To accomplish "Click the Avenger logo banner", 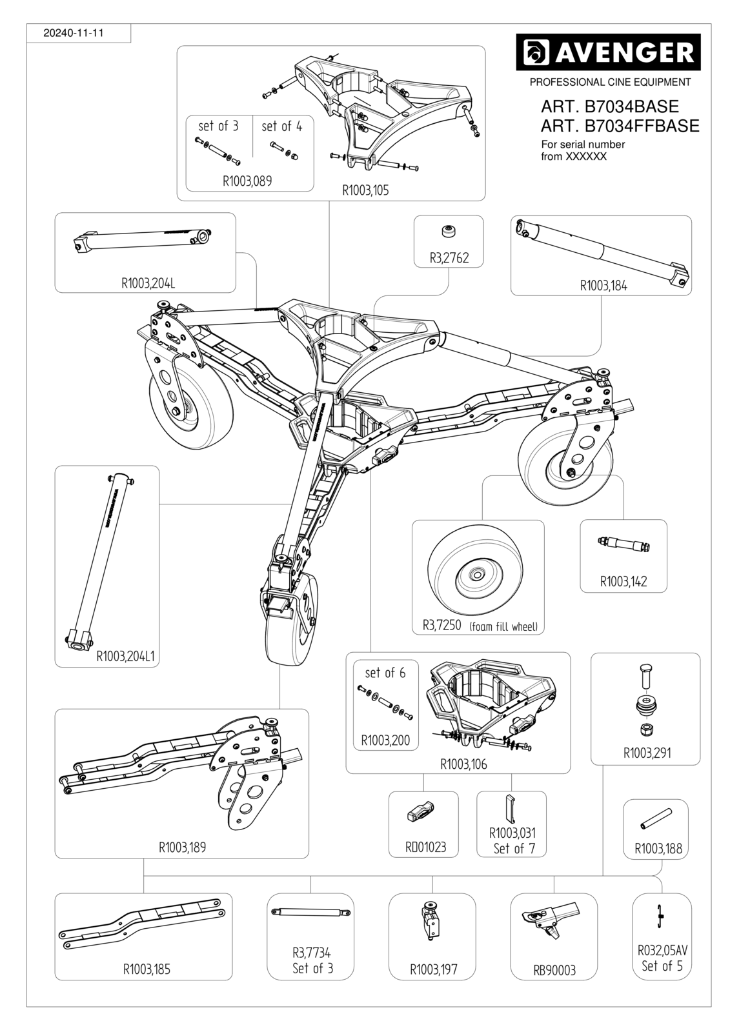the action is click(608, 52).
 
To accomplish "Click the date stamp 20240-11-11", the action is click(74, 33).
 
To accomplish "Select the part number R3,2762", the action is click(449, 257).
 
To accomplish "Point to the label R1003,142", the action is click(624, 581).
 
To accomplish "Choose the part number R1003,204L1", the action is click(125, 656).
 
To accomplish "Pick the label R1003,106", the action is click(463, 764).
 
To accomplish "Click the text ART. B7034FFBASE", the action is click(620, 126).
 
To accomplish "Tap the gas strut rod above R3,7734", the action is click(312, 911).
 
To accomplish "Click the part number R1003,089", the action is click(247, 181).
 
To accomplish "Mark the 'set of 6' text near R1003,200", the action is click(385, 673).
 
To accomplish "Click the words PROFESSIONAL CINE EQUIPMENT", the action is click(610, 82).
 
